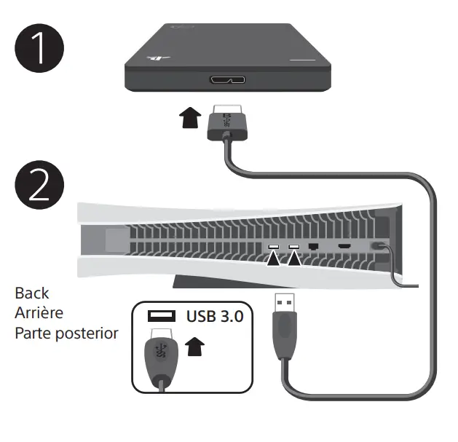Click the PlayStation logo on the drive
pyautogui.click(x=154, y=58)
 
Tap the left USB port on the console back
pyautogui.click(x=275, y=248)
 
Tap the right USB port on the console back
pyautogui.click(x=295, y=248)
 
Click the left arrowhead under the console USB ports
pyautogui.click(x=275, y=259)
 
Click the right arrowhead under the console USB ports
pyautogui.click(x=295, y=259)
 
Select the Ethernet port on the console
pyautogui.click(x=314, y=248)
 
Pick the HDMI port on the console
pyautogui.click(x=342, y=248)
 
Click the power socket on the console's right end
pyautogui.click(x=378, y=248)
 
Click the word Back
pyautogui.click(x=32, y=293)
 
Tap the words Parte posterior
pyautogui.click(x=66, y=333)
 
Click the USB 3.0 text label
pyautogui.click(x=214, y=317)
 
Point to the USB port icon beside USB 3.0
pyautogui.click(x=162, y=317)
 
